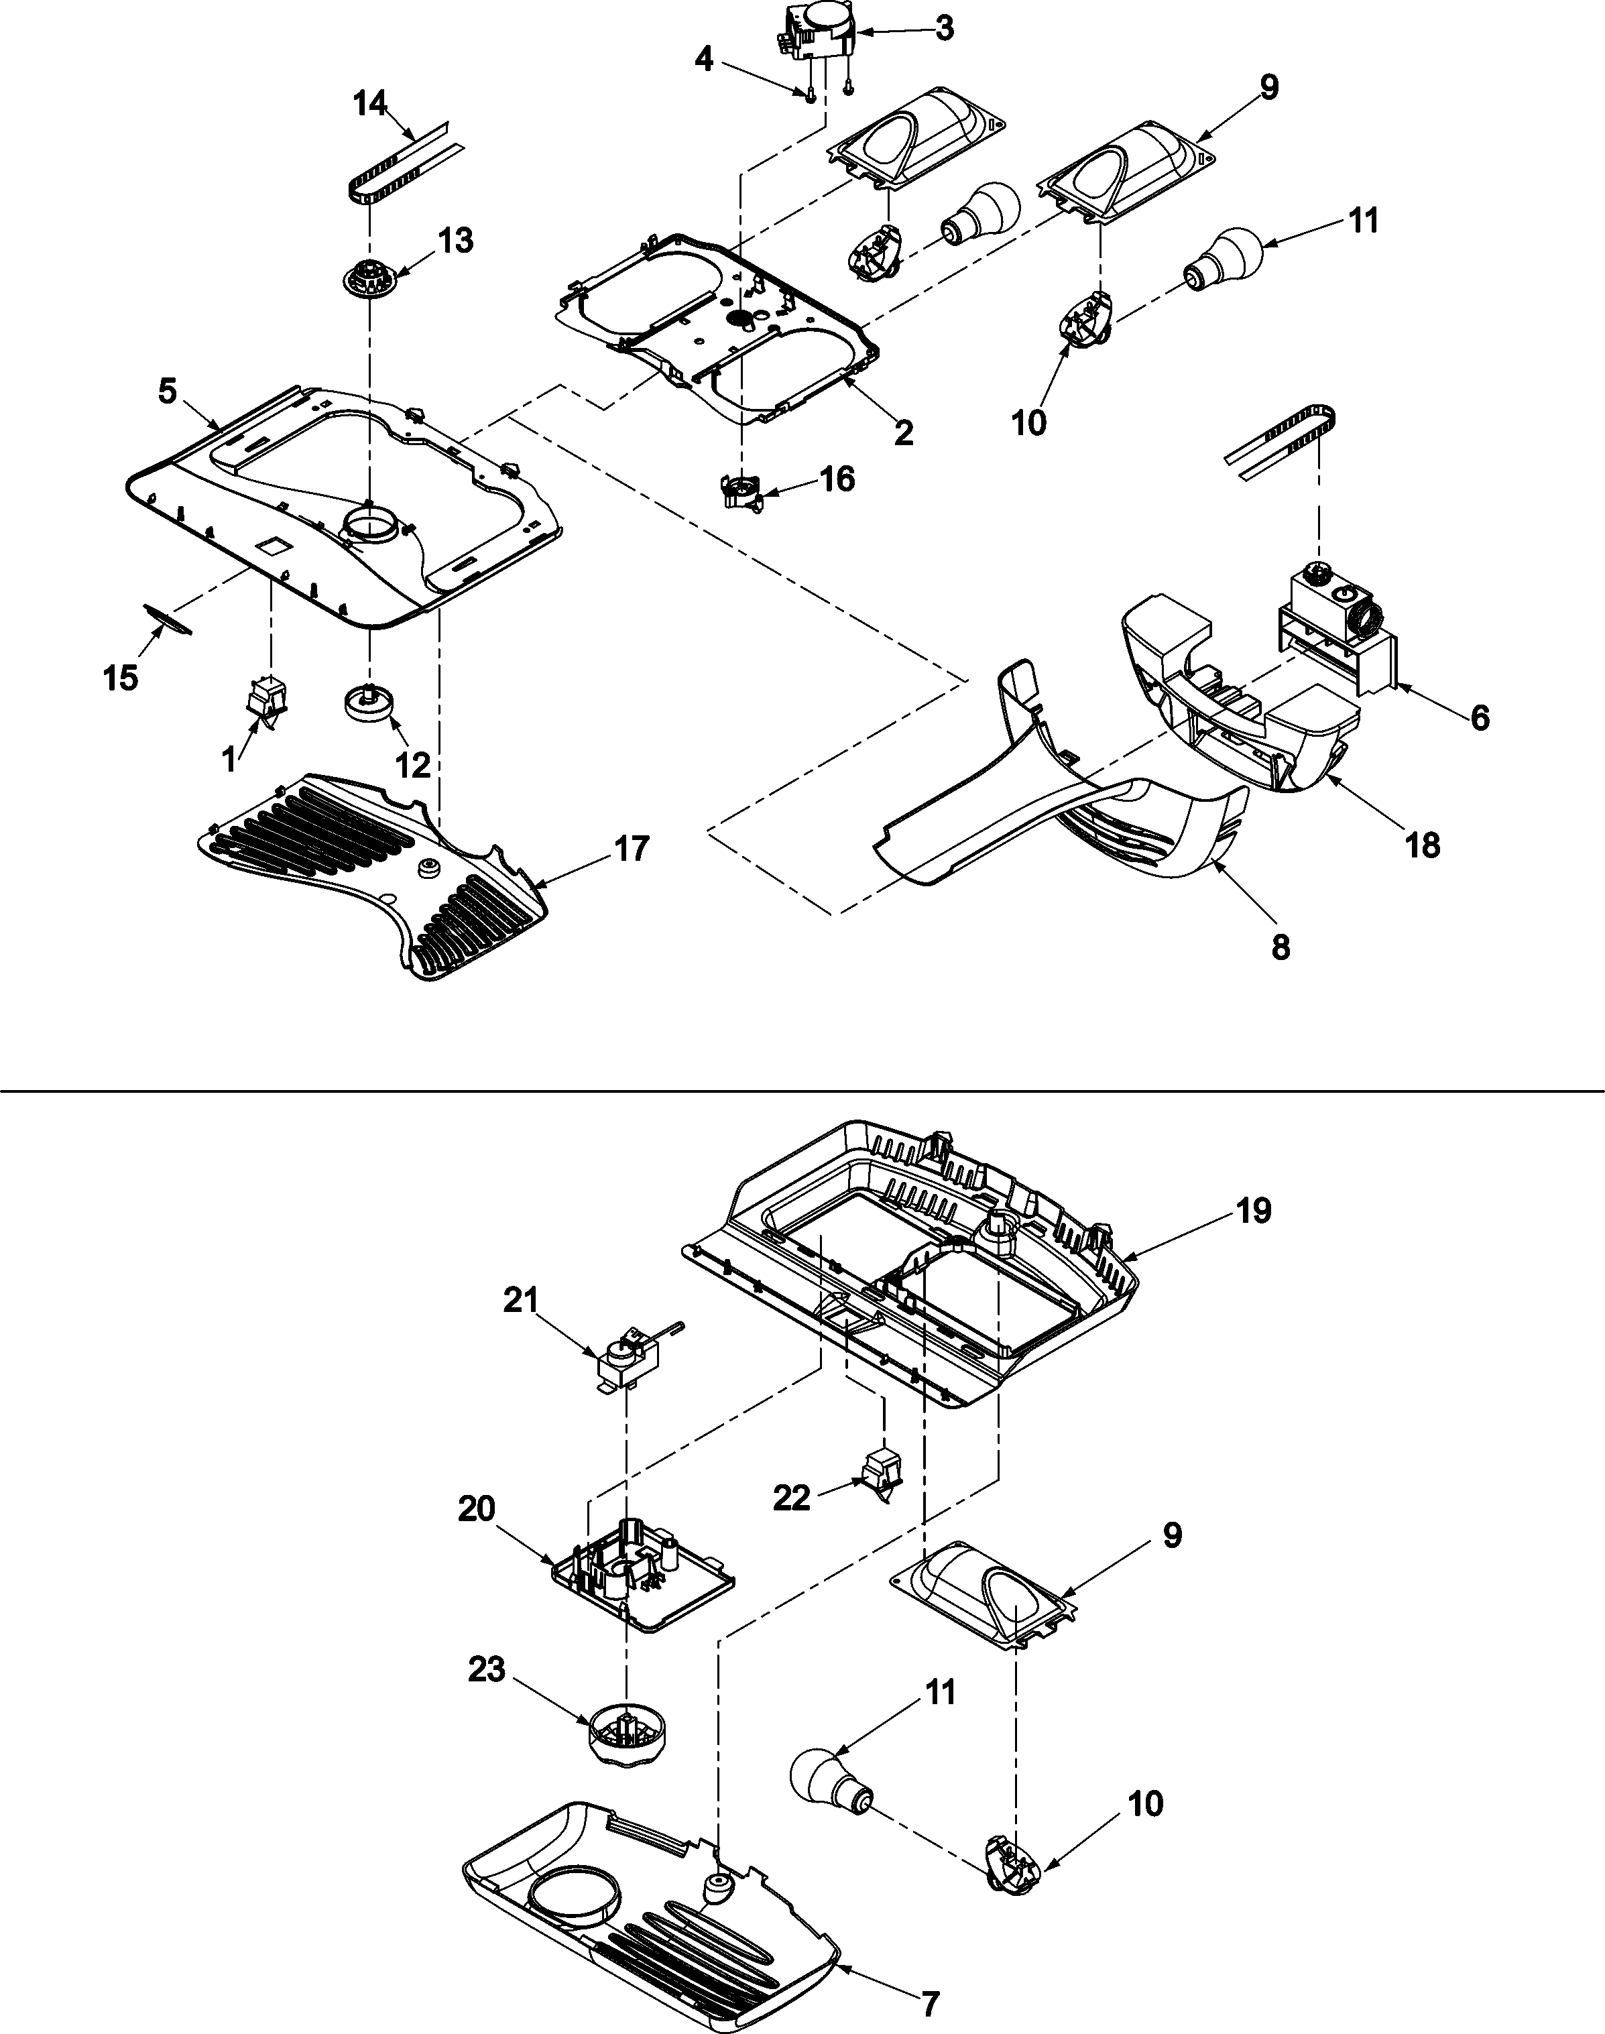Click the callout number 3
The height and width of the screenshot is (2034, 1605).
click(x=945, y=28)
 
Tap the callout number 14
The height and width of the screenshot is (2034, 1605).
click(x=370, y=103)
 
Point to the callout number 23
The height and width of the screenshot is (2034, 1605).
click(x=487, y=1669)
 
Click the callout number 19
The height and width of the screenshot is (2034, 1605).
click(x=1254, y=1210)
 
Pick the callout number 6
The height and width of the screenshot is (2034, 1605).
click(x=1479, y=718)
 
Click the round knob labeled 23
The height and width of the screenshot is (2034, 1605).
click(x=625, y=1739)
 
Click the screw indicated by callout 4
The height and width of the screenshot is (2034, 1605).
click(x=809, y=93)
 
